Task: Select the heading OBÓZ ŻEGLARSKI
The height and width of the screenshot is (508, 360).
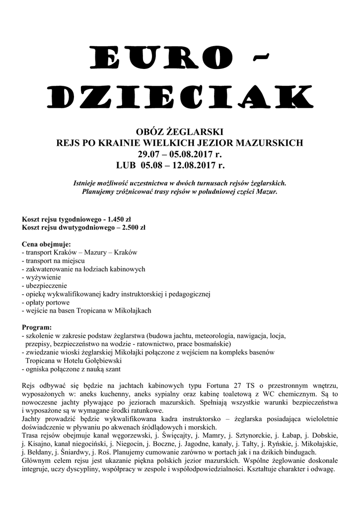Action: (180, 132)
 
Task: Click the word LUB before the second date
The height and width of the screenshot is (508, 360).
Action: (127, 165)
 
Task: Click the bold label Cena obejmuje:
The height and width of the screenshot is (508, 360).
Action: (47, 244)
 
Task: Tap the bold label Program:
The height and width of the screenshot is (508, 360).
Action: (37, 327)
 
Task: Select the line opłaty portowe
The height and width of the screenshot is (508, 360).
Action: (47, 302)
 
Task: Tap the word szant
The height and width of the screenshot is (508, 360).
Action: (112, 369)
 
